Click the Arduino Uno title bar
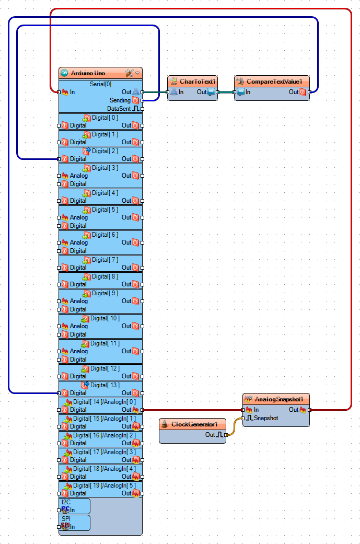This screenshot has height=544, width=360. point(89,73)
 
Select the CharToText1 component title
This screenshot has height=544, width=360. point(198,82)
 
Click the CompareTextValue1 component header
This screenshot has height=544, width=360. point(274,82)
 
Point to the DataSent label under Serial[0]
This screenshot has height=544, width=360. point(119,109)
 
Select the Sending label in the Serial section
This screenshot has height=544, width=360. point(120,100)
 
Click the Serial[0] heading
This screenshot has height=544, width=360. point(100,84)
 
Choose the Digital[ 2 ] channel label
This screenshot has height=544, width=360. point(104,151)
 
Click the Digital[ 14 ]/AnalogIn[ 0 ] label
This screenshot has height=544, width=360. point(104,402)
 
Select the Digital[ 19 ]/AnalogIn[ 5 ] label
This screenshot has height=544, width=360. point(104,485)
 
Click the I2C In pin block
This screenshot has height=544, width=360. point(68,510)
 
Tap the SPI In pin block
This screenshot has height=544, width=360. point(68,526)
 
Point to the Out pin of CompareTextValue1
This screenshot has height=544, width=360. point(309,92)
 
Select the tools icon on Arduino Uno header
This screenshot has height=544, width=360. point(130,73)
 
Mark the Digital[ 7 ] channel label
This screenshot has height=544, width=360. point(104,260)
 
